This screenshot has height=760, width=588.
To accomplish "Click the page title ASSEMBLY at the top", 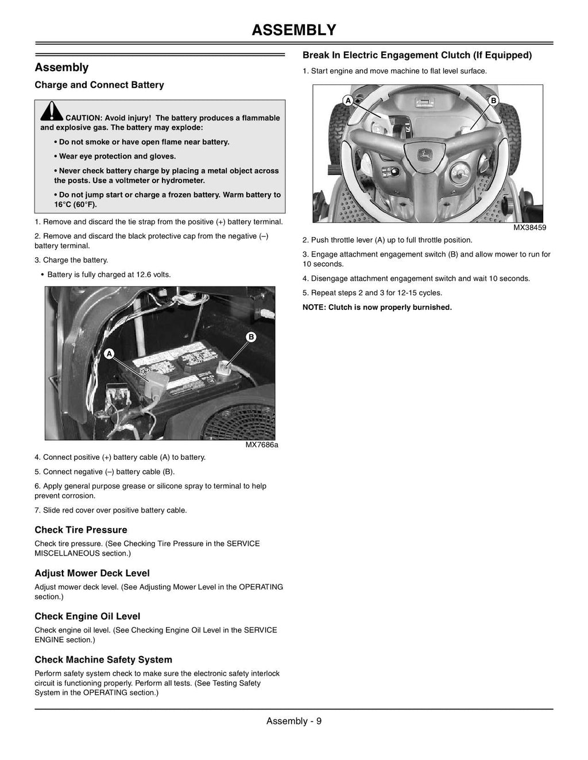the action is (x=293, y=30).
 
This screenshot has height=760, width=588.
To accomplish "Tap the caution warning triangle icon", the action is (x=52, y=111).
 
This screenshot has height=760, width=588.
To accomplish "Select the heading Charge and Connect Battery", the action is (x=99, y=85).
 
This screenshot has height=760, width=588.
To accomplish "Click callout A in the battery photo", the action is (x=110, y=354).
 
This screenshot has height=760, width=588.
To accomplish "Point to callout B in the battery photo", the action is (x=251, y=337).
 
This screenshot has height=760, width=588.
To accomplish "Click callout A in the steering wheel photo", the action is (x=348, y=100).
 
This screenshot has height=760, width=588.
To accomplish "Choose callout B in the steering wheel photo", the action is (x=493, y=100).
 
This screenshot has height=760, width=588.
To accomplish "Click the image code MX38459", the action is (x=529, y=227).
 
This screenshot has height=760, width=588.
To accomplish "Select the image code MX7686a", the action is (x=262, y=445).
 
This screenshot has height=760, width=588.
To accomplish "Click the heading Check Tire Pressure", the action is (x=81, y=530).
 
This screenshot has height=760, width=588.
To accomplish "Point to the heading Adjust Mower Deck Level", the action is (x=92, y=573).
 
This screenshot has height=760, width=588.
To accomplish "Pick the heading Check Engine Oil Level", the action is (x=87, y=616).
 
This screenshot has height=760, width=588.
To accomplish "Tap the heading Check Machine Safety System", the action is (x=103, y=660).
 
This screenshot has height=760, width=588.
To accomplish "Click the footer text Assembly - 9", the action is (x=294, y=721).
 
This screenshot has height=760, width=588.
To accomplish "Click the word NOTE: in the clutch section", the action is (x=314, y=308).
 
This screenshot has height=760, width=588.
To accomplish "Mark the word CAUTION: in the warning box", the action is (x=84, y=118).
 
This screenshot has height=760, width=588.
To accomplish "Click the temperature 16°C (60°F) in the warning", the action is (x=75, y=204).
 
